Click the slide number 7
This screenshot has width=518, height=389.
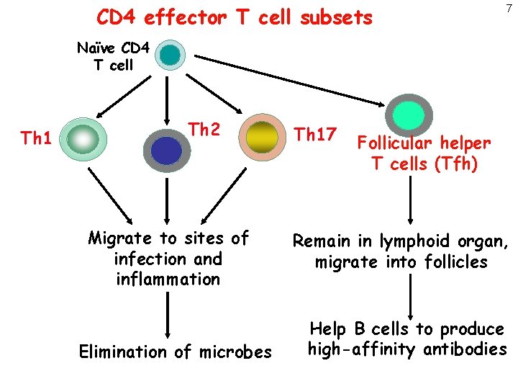(x=508, y=9)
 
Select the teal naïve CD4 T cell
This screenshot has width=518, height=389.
(x=171, y=54)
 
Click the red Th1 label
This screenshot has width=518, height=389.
(x=35, y=138)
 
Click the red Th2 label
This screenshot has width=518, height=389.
(x=204, y=129)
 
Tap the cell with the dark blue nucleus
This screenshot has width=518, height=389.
(x=167, y=150)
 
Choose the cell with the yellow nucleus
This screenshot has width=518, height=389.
(x=262, y=135)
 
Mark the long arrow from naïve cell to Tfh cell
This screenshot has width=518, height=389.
(x=288, y=79)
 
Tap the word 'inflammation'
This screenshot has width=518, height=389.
(x=168, y=279)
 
